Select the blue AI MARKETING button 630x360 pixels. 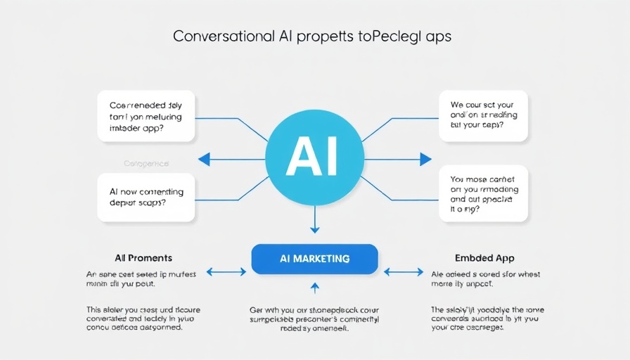pyautogui.click(x=314, y=259)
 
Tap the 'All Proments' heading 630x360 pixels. pyautogui.click(x=143, y=258)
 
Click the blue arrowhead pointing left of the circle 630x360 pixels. pyautogui.click(x=204, y=160)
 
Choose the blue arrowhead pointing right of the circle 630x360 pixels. pyautogui.click(x=425, y=160)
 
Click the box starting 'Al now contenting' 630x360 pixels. pyautogui.click(x=146, y=197)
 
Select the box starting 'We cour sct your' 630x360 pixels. pyautogui.click(x=482, y=116)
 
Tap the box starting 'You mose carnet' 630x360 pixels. pyautogui.click(x=482, y=194)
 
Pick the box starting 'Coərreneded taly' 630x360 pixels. pyautogui.click(x=146, y=116)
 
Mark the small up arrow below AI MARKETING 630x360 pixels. pyautogui.click(x=314, y=287)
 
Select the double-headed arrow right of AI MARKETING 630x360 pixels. pyautogui.click(x=403, y=271)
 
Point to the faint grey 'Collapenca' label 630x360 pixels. pyautogui.click(x=146, y=163)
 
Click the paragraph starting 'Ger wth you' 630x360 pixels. pyautogui.click(x=314, y=318)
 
